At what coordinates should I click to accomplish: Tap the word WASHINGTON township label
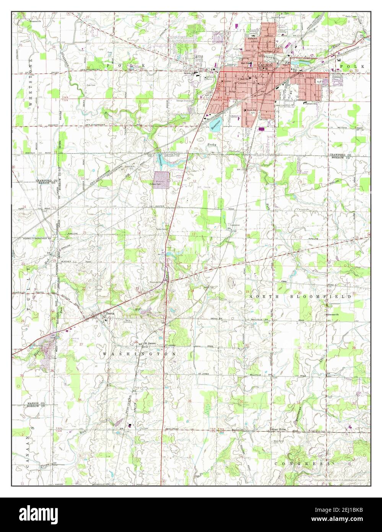tap(139, 354)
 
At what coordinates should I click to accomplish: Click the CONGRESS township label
tap(302, 463)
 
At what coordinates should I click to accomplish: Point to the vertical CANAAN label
tap(27, 452)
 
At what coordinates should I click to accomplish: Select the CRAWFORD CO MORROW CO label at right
tap(343, 156)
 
